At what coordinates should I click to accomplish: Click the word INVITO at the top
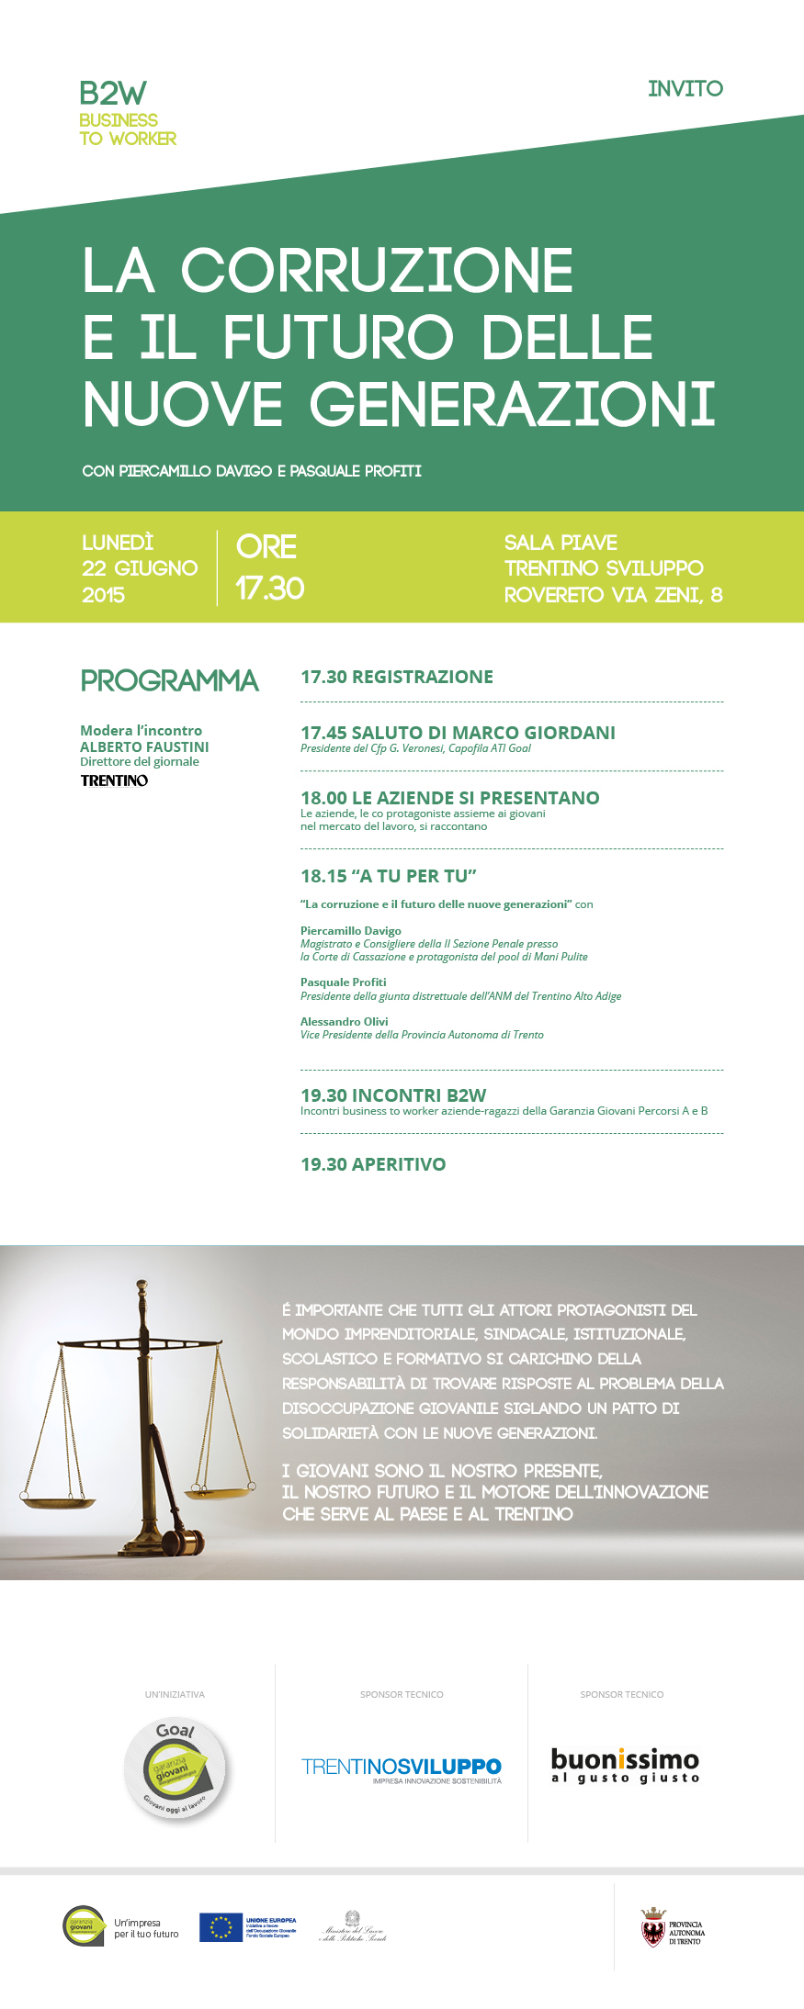coord(685,89)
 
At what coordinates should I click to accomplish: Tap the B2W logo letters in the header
coord(112,93)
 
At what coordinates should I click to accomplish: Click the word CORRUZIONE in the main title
coord(377,270)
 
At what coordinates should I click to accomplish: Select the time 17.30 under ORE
coord(269,588)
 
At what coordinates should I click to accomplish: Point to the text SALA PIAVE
coord(561,543)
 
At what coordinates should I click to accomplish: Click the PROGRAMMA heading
coord(169,680)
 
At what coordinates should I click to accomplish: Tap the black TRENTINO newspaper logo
coord(114,780)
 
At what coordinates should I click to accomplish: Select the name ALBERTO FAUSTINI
coord(144,746)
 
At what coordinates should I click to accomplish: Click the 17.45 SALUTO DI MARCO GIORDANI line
coord(458,733)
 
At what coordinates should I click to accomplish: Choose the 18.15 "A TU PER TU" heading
coord(389,876)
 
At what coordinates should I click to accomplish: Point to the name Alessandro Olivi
coord(344,1021)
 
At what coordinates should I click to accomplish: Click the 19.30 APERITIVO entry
coord(373,1164)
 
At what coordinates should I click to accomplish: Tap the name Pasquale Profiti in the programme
coord(343,982)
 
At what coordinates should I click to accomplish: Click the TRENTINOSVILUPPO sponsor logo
coord(402,1768)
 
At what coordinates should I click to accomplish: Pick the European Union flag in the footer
coord(221,1927)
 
